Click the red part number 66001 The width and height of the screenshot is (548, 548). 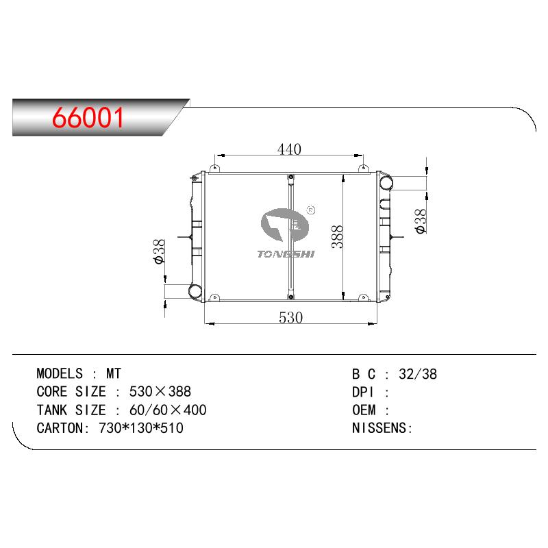(x=88, y=117)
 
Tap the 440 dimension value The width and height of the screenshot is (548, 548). (x=289, y=149)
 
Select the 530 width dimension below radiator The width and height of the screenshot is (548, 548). (x=290, y=318)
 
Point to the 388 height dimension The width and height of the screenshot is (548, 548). (x=337, y=236)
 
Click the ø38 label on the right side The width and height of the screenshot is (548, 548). (x=421, y=221)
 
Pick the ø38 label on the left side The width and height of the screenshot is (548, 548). (x=159, y=251)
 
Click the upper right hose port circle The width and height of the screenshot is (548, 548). (x=386, y=183)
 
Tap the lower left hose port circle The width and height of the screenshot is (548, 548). (x=195, y=290)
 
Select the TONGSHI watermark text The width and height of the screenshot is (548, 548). (x=286, y=254)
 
